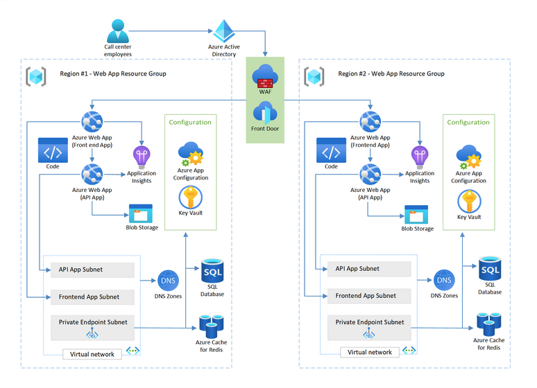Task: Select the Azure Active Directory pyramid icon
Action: (x=223, y=30)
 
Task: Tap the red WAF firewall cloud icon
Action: (x=265, y=76)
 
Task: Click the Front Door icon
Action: (x=265, y=112)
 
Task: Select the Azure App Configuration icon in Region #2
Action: (x=468, y=157)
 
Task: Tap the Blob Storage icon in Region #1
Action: (x=141, y=213)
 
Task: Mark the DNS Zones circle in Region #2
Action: (x=445, y=281)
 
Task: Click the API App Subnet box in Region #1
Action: (x=92, y=270)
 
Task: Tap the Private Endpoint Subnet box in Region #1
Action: (x=92, y=322)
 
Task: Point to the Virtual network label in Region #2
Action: (x=370, y=352)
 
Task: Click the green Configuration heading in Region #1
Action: (x=190, y=122)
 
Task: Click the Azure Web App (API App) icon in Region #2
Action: (x=369, y=173)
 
